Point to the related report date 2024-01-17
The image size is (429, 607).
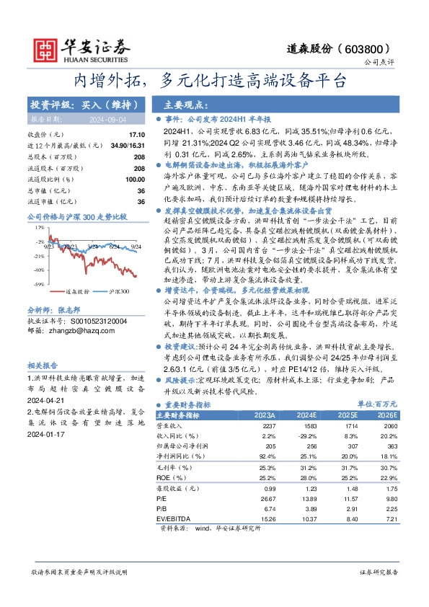pyautogui.click(x=46, y=435)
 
